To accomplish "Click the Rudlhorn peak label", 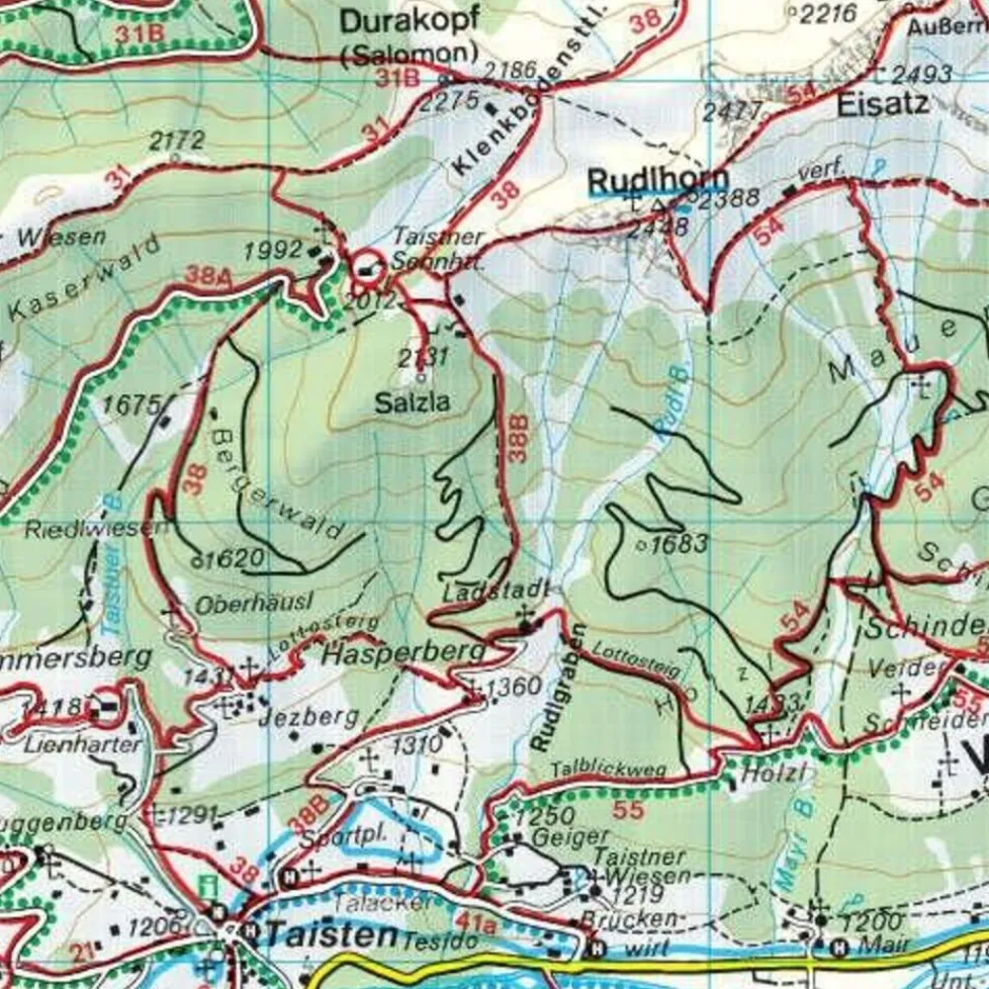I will pos(657,182).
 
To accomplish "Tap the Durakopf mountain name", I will pos(408,22).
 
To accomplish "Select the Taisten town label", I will pos(330,933).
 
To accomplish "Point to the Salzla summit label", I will pos(412,403).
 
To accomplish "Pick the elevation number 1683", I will pos(680,543).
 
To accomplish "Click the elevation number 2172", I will pos(177,140).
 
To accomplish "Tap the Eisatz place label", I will pos(882,103).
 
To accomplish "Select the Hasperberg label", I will pos(405,654).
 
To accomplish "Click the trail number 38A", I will pos(209,276).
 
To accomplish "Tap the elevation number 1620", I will pos(235,558).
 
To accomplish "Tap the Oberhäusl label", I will pos(240,601).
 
